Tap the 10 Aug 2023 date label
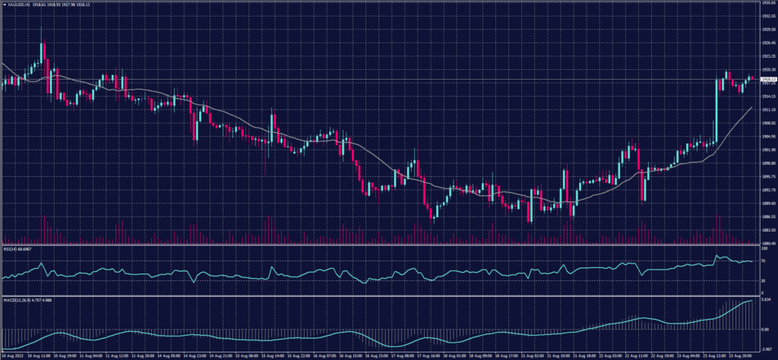pos(13,355)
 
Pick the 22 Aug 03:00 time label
pos(612,355)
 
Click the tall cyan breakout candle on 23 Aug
pos(716,110)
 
